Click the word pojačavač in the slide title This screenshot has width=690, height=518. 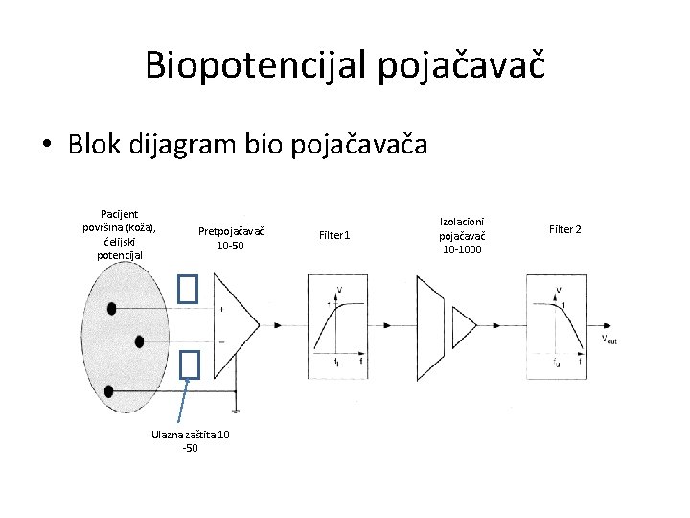point(462,64)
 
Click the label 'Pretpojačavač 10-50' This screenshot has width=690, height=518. point(230,238)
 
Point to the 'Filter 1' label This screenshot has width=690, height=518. point(335,234)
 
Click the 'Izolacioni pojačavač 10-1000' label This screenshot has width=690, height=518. point(462,236)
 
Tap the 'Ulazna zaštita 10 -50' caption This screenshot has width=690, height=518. point(190,441)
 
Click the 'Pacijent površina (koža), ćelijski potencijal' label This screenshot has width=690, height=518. point(121,235)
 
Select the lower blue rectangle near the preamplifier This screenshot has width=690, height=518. point(188,364)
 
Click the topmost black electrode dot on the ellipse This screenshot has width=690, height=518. point(112,309)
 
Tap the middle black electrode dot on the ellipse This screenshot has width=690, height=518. point(140,341)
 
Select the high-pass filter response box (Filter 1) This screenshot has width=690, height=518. point(337,326)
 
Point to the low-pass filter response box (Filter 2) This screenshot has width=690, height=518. point(557,326)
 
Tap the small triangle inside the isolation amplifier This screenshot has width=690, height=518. point(464,326)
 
